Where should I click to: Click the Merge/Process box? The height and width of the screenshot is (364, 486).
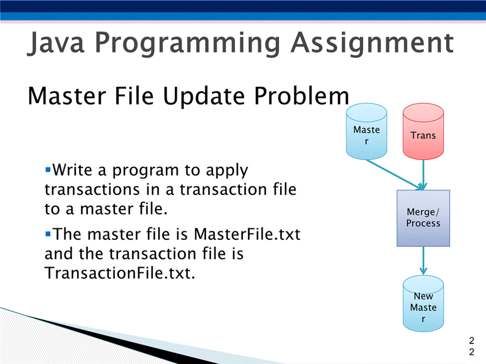(x=423, y=218)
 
